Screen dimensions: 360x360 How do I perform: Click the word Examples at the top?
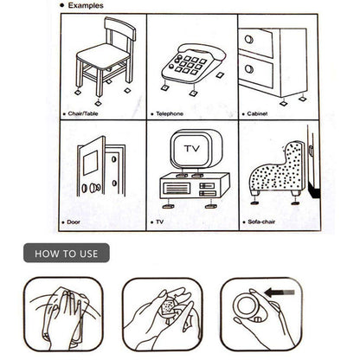click(x=86, y=5)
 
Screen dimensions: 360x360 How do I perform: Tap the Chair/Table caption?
click(x=83, y=113)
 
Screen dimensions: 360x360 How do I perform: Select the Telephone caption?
click(x=170, y=113)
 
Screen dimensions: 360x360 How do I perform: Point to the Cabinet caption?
click(x=257, y=113)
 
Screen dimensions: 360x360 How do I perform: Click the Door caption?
click(x=74, y=222)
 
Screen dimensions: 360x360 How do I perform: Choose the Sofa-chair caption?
click(x=261, y=222)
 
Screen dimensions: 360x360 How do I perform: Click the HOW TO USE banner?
click(x=67, y=253)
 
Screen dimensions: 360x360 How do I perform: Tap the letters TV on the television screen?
click(x=192, y=149)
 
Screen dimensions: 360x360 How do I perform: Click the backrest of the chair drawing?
click(x=120, y=28)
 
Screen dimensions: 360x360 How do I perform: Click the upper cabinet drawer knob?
click(x=249, y=39)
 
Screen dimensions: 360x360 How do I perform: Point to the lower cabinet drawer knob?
click(x=249, y=68)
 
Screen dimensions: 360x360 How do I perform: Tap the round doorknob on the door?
click(x=94, y=188)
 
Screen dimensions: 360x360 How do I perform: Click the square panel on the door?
click(x=91, y=163)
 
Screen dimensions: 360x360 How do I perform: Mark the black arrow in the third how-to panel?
click(x=280, y=292)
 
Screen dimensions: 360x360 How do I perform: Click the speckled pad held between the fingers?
click(x=167, y=306)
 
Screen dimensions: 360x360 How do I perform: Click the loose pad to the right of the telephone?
click(x=220, y=75)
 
